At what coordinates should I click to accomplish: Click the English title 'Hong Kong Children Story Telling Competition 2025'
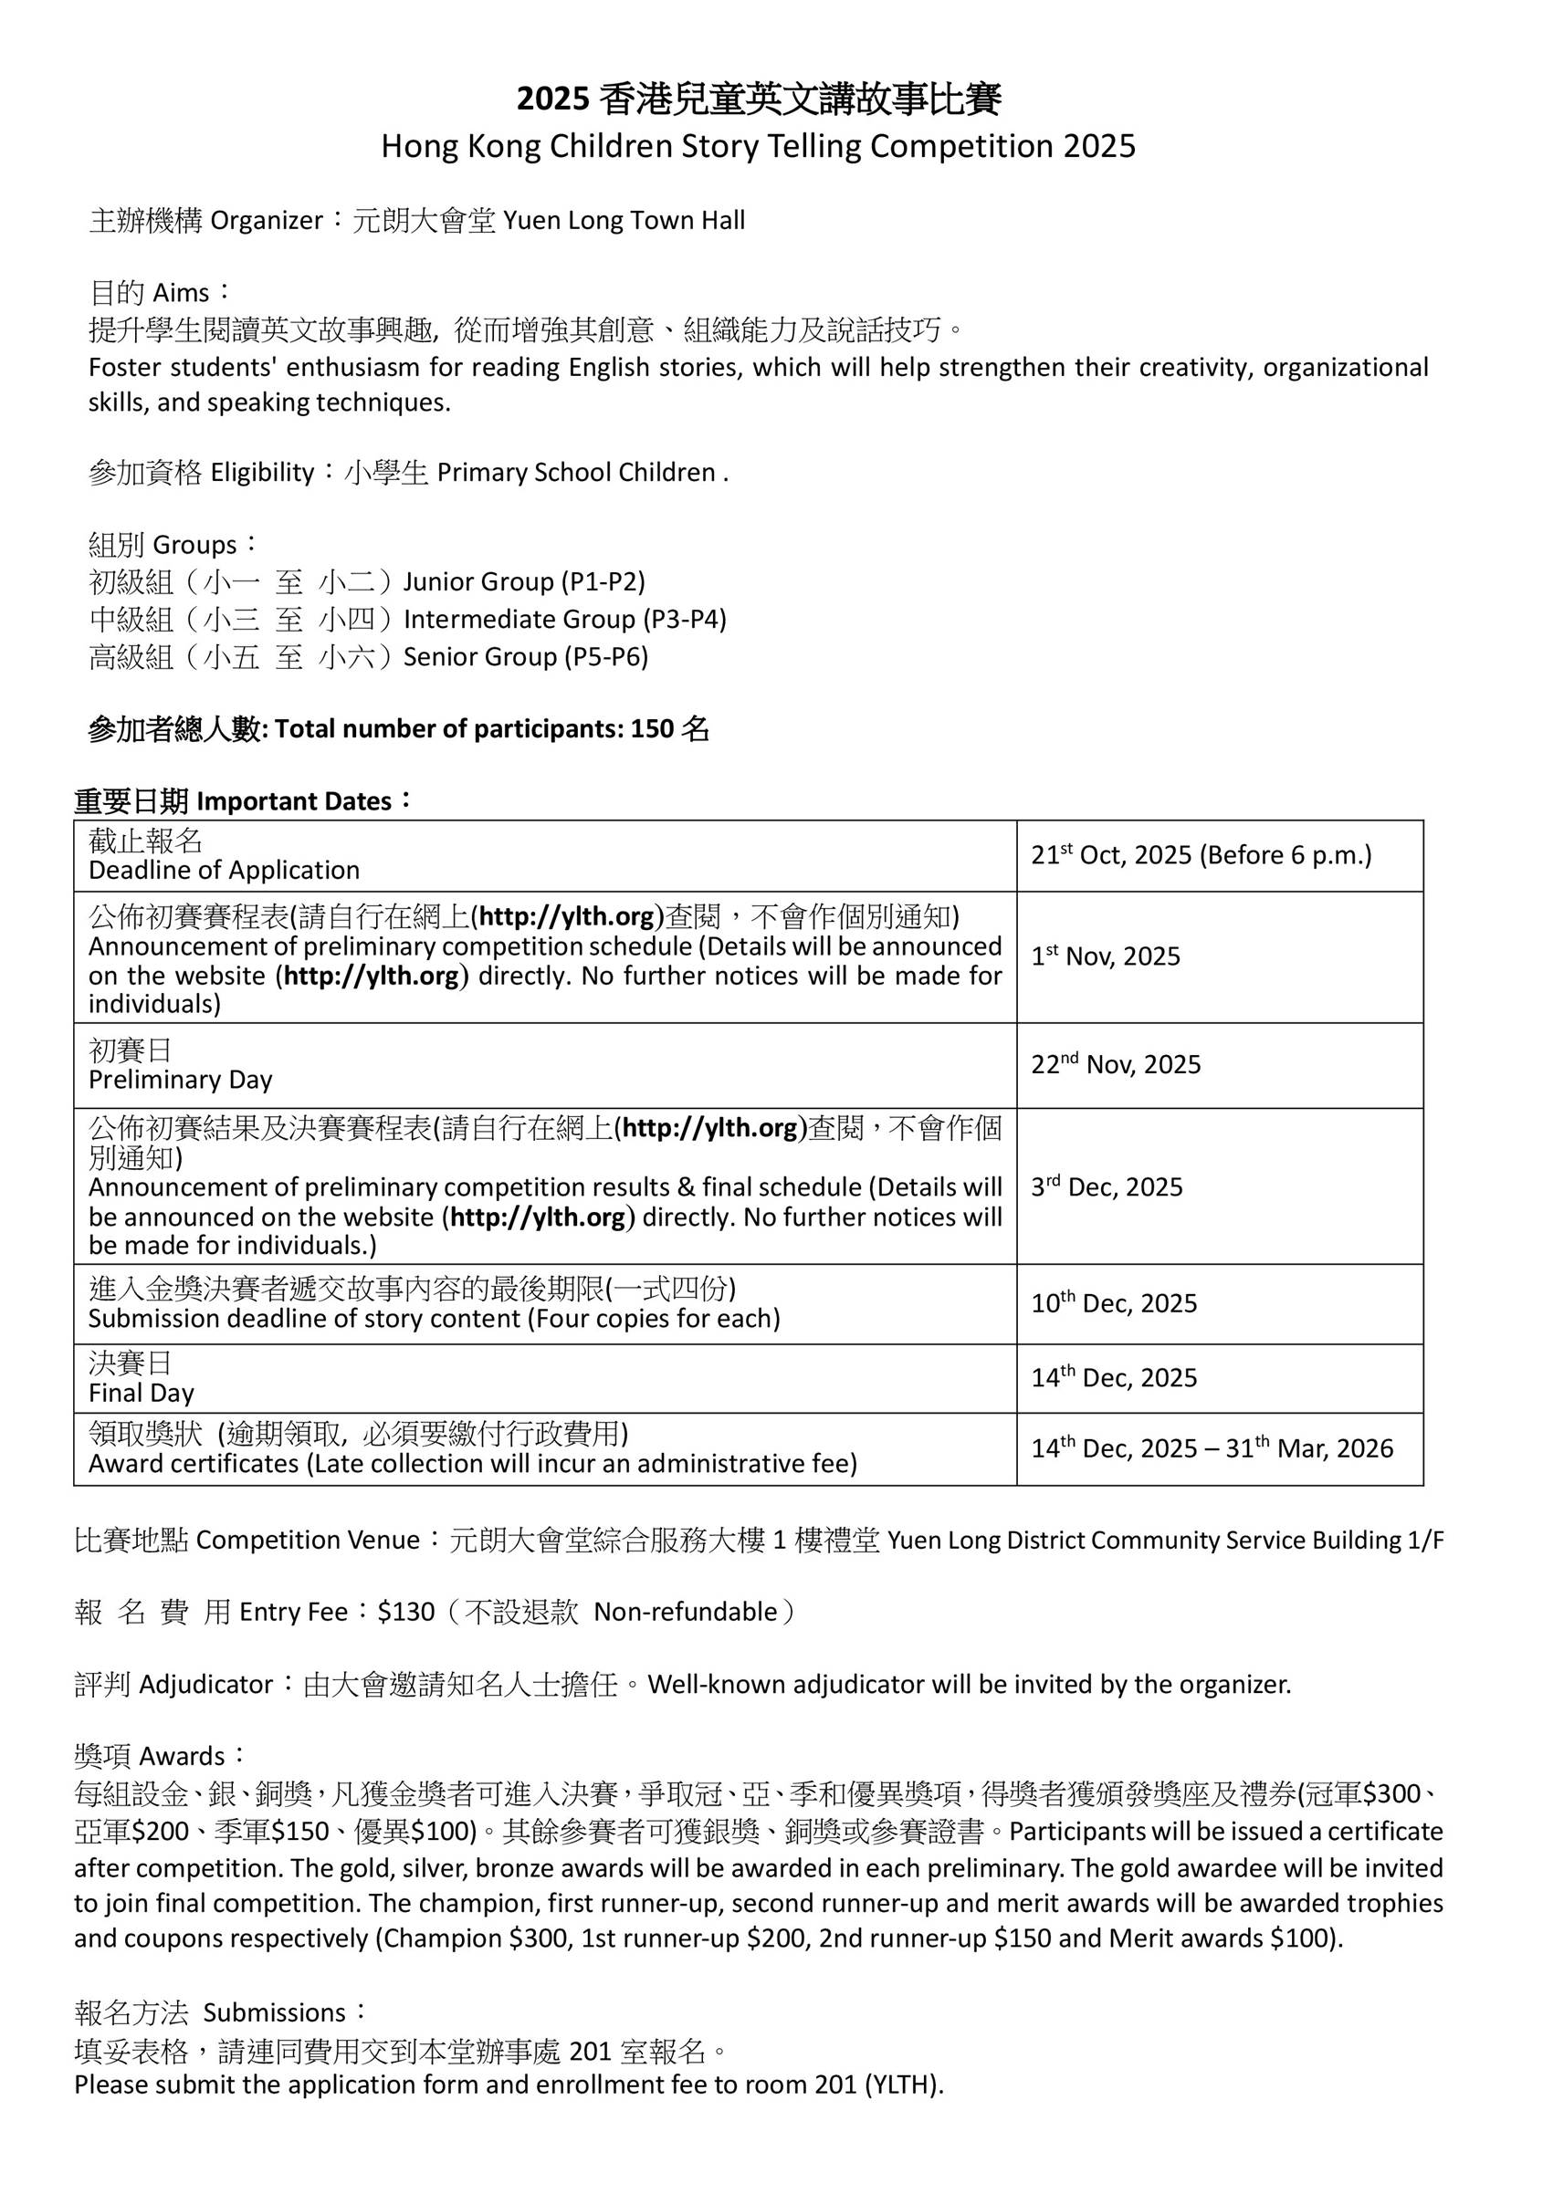(759, 146)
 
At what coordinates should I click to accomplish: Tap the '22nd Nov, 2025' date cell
(1115, 1064)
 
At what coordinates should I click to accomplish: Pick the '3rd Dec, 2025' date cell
(1107, 1186)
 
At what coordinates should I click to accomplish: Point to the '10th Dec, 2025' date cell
(1113, 1303)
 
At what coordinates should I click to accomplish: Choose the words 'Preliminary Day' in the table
(181, 1080)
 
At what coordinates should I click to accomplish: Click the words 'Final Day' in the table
(142, 1393)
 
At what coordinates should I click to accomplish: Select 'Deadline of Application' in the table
(224, 870)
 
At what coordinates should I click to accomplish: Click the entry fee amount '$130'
(406, 1612)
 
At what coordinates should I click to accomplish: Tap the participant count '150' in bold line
(652, 729)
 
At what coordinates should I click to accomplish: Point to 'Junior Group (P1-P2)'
(524, 581)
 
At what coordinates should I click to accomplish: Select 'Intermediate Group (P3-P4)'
(565, 620)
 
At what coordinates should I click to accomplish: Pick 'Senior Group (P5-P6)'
(526, 657)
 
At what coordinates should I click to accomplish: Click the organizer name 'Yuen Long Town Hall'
(624, 221)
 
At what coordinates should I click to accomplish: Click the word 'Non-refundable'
(686, 1612)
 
